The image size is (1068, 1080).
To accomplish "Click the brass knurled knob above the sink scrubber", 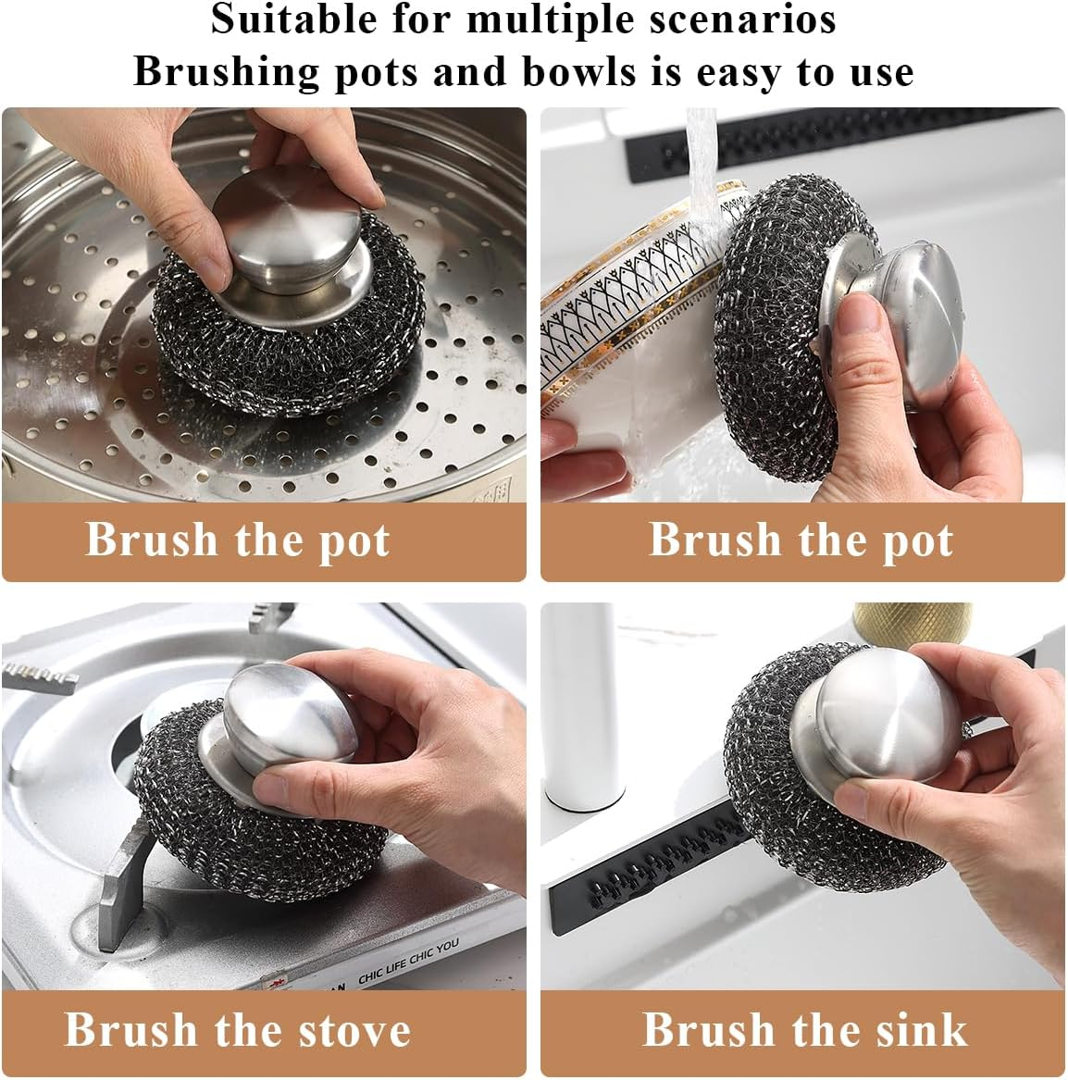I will pyautogui.click(x=912, y=617).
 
